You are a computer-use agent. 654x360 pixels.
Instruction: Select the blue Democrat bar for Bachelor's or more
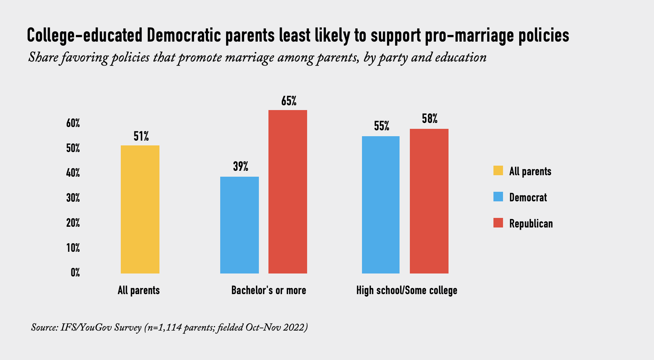tap(239, 225)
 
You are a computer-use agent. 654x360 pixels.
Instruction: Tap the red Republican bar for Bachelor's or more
tap(288, 191)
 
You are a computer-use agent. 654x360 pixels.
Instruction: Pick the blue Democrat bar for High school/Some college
tap(380, 205)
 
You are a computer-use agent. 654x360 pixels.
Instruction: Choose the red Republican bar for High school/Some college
tap(429, 201)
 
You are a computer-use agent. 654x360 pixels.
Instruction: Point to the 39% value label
tap(240, 167)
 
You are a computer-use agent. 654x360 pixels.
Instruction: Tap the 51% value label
tap(141, 137)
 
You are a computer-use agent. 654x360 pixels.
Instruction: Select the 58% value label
tap(430, 119)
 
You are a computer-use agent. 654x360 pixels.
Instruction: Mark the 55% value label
tap(381, 127)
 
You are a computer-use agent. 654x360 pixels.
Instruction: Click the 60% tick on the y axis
tap(73, 123)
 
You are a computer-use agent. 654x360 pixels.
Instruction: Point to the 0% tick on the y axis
tap(75, 273)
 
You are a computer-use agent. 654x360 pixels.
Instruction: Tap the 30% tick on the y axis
tap(73, 198)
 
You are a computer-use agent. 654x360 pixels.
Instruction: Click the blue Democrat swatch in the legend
tap(498, 197)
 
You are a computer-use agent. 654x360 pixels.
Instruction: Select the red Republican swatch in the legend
tap(498, 223)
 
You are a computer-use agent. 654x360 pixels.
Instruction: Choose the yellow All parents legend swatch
tap(498, 171)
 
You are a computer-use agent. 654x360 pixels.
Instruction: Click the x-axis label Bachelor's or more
tap(268, 290)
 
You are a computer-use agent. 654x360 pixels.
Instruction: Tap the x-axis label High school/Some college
tap(407, 290)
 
